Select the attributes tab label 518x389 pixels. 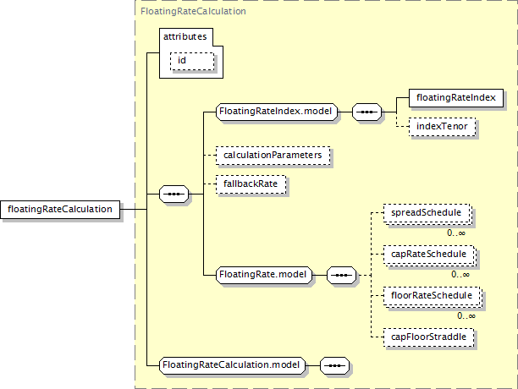coord(185,36)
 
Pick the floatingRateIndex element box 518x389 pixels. coord(455,98)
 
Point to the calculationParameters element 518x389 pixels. coord(272,156)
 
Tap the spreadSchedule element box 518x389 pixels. coord(426,214)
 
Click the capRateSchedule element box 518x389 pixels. coord(427,253)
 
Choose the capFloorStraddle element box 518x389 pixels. coord(428,337)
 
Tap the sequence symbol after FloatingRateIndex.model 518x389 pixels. coord(366,111)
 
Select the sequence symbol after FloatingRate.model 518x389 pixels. coord(341,275)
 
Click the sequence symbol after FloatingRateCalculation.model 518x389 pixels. coord(335,365)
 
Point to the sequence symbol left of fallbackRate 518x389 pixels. coord(174,194)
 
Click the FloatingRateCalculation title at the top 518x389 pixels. coord(193,12)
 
